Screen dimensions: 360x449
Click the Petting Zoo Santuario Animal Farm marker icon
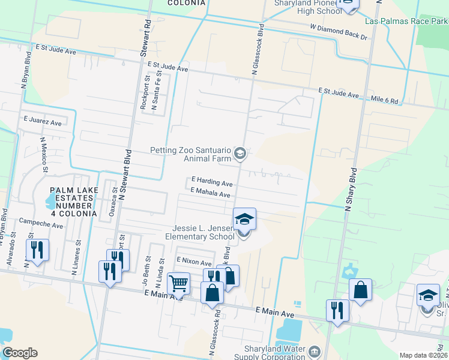click(x=240, y=154)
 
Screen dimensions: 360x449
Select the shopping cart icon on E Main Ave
click(x=178, y=283)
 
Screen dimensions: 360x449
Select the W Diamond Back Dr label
click(x=339, y=32)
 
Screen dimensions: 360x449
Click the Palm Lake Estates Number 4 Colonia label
click(x=74, y=202)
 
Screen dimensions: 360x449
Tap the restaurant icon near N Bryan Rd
click(x=37, y=250)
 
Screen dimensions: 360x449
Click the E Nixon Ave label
click(x=194, y=262)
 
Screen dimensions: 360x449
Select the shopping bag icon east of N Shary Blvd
click(x=360, y=290)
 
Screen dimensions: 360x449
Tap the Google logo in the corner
click(x=20, y=353)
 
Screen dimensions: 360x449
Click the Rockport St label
click(x=144, y=92)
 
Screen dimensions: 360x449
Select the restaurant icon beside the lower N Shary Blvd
click(x=337, y=310)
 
